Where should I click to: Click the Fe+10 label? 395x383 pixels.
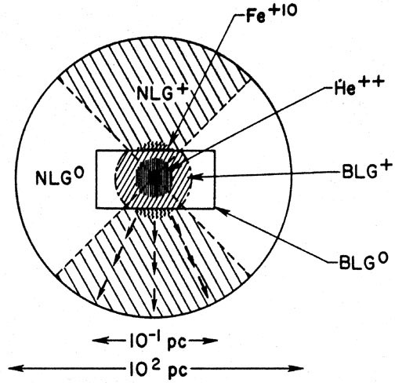[x=271, y=13]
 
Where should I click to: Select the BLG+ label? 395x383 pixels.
[x=367, y=170]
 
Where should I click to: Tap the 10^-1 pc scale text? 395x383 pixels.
[x=157, y=341]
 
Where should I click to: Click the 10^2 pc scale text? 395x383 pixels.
[x=158, y=367]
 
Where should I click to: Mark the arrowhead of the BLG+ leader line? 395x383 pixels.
[x=193, y=177]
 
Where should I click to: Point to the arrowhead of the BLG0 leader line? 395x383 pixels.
[x=221, y=211]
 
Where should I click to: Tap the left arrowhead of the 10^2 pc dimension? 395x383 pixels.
[x=16, y=368]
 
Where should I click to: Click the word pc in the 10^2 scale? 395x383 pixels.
[x=178, y=371]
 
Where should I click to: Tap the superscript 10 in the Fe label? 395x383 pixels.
[x=288, y=11]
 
